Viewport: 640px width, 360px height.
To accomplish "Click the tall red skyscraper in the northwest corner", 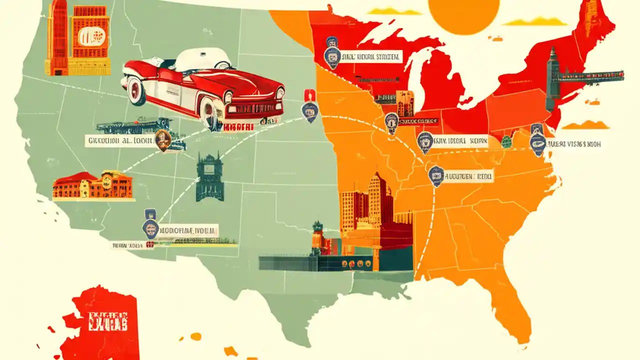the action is [59, 37].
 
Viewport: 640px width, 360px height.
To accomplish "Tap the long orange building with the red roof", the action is [93, 185].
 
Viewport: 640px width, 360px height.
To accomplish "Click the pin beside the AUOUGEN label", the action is [436, 176].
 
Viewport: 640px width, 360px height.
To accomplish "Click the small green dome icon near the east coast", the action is [507, 141].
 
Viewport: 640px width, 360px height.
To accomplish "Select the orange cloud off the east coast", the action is [585, 124].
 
